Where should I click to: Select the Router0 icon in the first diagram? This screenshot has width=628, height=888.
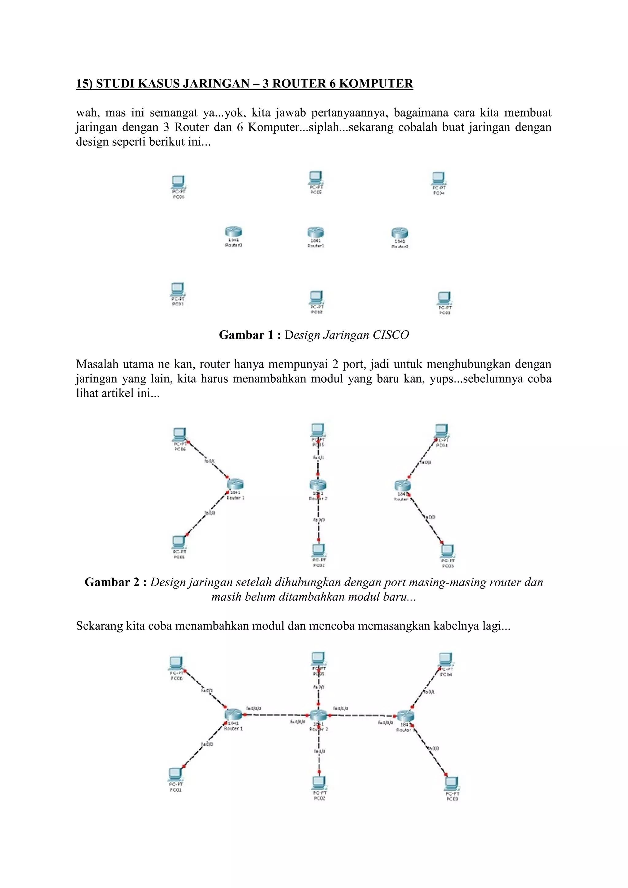click(234, 232)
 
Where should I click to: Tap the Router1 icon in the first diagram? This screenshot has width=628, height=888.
click(316, 232)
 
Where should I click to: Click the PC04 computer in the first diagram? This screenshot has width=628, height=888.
click(438, 178)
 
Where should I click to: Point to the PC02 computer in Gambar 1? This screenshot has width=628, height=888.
click(316, 297)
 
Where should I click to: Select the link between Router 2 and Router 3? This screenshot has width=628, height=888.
click(362, 715)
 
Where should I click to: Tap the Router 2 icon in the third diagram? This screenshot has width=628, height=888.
click(318, 715)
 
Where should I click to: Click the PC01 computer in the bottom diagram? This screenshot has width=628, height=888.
click(176, 774)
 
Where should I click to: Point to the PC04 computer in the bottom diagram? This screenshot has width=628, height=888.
click(445, 659)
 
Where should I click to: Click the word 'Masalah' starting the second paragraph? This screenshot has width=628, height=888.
click(97, 364)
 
